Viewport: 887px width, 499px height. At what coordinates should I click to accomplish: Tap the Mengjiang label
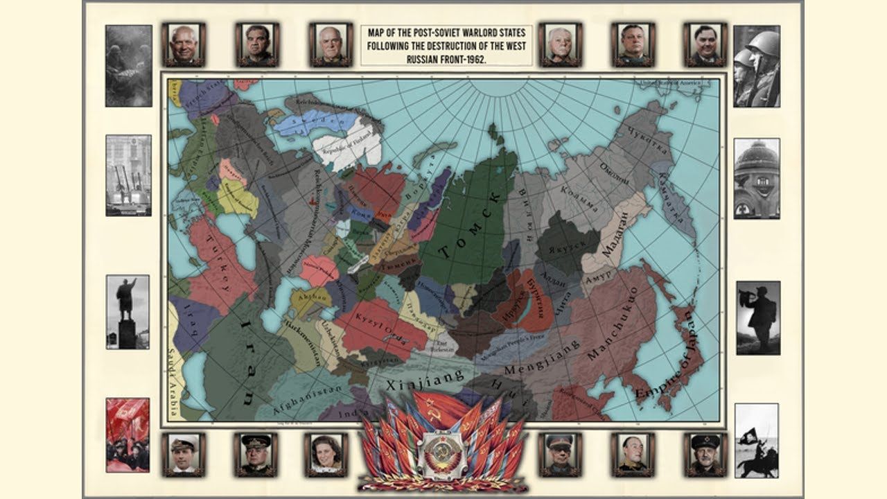click(534, 362)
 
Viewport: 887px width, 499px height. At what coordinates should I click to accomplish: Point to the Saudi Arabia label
click(173, 384)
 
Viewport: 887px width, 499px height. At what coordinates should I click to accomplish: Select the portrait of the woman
click(325, 454)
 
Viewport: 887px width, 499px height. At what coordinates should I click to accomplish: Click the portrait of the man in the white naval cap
click(183, 454)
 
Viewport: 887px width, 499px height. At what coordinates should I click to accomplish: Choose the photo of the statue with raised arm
click(127, 312)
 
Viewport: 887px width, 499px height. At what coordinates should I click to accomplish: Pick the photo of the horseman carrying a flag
click(756, 441)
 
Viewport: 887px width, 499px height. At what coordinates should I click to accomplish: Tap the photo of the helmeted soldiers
click(756, 66)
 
